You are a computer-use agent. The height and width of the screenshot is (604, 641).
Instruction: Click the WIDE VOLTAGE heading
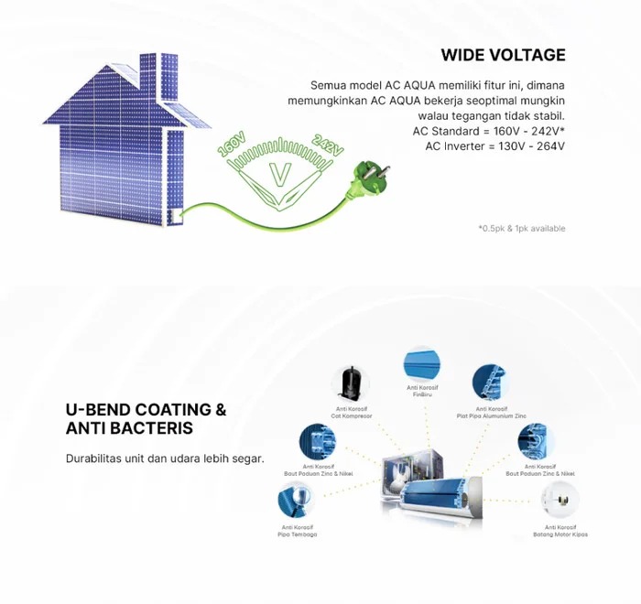[503, 55]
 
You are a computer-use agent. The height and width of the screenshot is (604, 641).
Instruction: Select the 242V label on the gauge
[328, 146]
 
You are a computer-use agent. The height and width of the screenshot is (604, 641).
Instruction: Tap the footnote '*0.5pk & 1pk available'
[521, 228]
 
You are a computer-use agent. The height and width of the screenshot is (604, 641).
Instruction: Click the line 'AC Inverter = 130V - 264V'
[494, 146]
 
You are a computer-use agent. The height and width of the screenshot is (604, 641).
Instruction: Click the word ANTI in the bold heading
[87, 428]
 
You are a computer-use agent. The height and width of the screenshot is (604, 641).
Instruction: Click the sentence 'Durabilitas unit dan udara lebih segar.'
[165, 458]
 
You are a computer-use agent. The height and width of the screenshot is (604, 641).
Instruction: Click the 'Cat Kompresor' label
[352, 416]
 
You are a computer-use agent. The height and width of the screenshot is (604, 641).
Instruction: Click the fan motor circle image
[560, 498]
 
